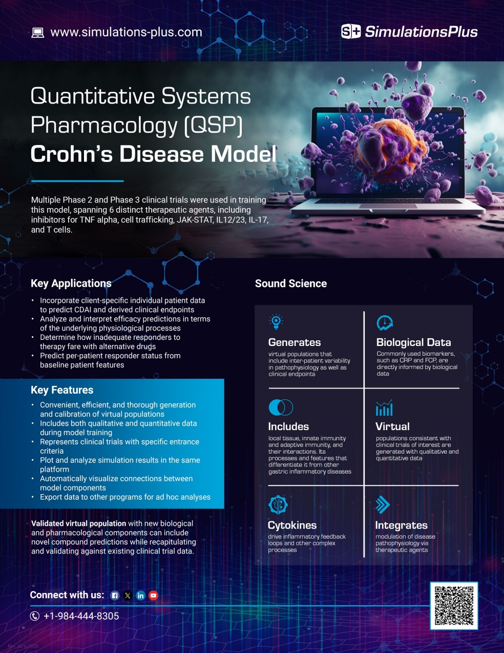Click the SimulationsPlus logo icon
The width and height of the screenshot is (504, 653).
351,32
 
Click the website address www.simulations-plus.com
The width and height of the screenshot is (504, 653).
126,32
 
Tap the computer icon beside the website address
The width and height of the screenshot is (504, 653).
38,33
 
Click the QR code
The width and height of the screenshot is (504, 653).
454,606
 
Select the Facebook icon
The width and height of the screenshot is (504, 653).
115,596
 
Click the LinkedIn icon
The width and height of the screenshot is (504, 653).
140,596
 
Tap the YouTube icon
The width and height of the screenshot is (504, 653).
153,596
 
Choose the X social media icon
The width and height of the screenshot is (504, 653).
128,596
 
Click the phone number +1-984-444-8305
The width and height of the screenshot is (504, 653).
81,616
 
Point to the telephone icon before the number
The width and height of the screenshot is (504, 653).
35,616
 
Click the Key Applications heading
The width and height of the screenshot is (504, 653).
71,283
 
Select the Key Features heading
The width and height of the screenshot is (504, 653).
62,390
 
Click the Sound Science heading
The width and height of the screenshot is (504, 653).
290,283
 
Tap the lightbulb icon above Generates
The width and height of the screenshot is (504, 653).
276,321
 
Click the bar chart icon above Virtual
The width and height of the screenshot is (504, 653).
384,408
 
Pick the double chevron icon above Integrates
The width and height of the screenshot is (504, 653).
383,505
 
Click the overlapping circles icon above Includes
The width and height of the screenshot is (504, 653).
281,407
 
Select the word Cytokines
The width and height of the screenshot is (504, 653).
292,525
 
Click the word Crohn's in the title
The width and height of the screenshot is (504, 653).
71,154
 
